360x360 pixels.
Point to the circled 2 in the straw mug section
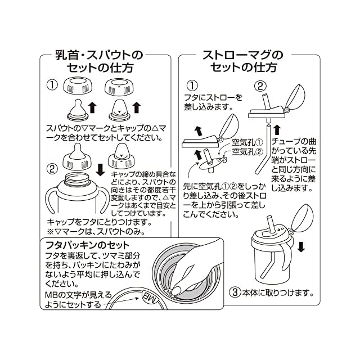click(260, 86)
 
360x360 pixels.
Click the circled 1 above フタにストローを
click(192, 86)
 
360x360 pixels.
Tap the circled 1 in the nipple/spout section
click(52, 86)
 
